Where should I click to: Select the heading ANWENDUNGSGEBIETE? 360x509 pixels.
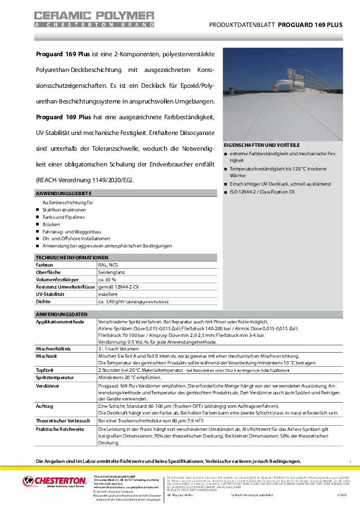click(60, 193)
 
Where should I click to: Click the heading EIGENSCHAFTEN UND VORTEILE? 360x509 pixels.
click(262, 145)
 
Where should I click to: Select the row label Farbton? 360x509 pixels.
click(45, 264)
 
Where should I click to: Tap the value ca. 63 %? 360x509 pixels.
click(107, 279)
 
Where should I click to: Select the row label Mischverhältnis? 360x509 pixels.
click(55, 349)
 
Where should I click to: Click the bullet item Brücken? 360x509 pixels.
click(52, 224)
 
